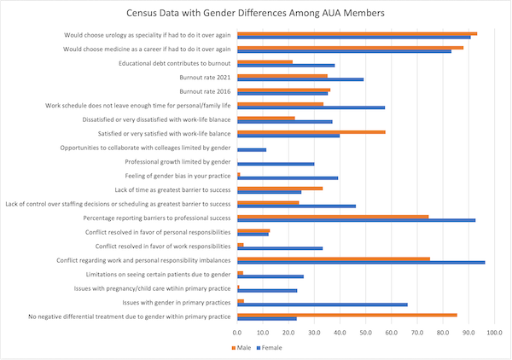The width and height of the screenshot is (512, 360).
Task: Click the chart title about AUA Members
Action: pos(255,15)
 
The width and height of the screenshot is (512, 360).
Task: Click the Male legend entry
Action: pos(243,347)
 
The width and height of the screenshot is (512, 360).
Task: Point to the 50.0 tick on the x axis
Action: pos(365,332)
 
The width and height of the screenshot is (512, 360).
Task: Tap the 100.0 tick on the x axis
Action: pos(494,332)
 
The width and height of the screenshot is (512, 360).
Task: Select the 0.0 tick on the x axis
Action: pos(238,332)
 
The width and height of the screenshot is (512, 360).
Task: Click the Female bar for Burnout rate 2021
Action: pos(300,79)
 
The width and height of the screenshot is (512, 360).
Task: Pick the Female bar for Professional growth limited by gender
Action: pos(276,164)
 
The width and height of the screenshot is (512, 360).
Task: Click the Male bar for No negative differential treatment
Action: pos(347,315)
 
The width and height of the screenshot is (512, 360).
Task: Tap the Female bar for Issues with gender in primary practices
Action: pos(323,305)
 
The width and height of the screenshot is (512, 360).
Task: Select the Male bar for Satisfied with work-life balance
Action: pos(311,132)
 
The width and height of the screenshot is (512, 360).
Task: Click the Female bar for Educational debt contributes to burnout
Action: pos(286,66)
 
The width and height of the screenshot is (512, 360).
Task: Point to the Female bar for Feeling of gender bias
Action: pos(288,178)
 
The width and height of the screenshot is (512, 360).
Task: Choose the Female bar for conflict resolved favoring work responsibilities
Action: pos(280,248)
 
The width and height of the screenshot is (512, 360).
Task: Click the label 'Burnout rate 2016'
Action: pos(204,91)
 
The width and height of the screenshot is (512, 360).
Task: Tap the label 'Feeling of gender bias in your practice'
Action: pos(177,176)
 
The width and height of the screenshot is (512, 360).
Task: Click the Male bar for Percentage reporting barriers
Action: pos(333,217)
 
